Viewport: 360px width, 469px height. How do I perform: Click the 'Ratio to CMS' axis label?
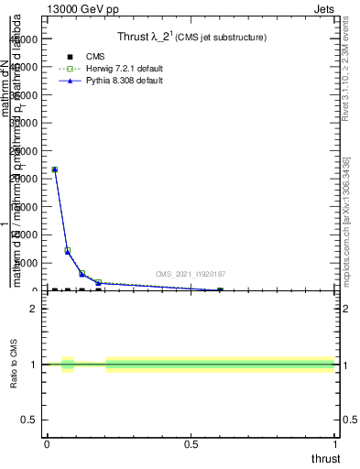(15, 365)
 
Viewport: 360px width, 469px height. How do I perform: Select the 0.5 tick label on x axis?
(191, 444)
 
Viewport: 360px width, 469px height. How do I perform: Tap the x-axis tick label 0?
(47, 444)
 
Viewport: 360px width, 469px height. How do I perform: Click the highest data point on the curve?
(54, 169)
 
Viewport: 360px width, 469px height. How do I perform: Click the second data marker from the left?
(68, 251)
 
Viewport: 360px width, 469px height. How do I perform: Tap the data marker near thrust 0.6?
(220, 290)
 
